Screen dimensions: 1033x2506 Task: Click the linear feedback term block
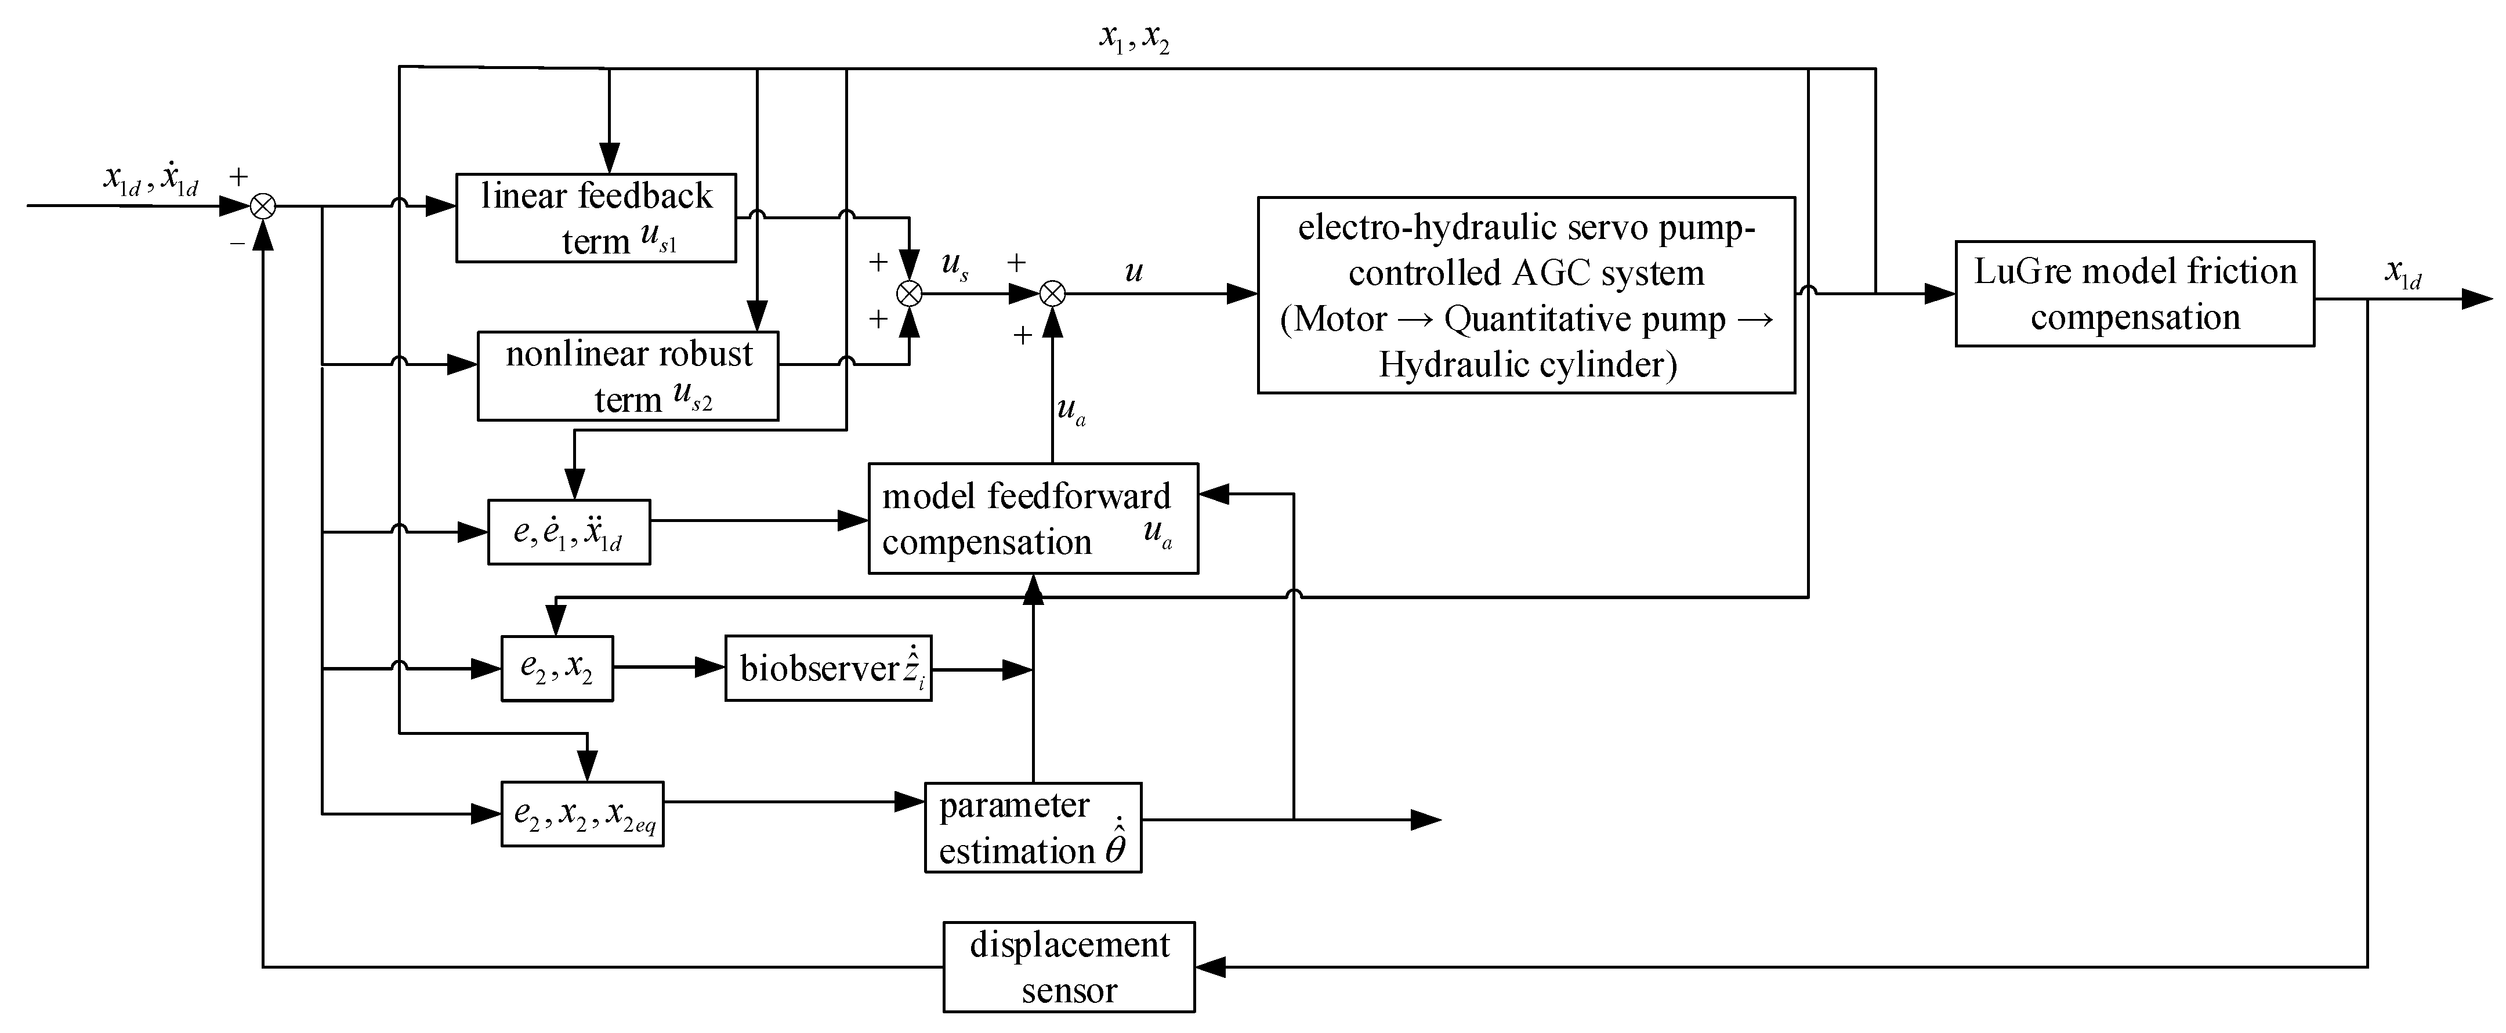[x=595, y=218]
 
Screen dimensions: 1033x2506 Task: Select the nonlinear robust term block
[x=628, y=376]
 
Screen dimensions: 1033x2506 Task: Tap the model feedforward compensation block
[x=1032, y=519]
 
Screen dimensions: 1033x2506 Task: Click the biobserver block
[x=828, y=668]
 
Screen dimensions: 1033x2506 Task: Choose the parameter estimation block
[x=1032, y=827]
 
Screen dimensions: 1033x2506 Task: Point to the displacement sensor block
[x=1068, y=967]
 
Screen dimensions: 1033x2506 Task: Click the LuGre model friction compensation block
[x=2134, y=293]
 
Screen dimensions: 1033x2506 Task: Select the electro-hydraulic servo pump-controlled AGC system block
[x=1526, y=296]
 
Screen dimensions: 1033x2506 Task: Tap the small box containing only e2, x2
[x=556, y=668]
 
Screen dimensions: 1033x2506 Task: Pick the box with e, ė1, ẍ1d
[x=568, y=532]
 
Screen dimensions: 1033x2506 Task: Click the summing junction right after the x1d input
[x=263, y=206]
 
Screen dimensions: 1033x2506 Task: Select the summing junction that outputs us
[x=908, y=293]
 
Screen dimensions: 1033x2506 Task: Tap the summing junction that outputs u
[x=1053, y=293]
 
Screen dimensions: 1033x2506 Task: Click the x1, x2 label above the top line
[x=1134, y=39]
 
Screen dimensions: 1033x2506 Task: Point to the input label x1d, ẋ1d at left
[x=151, y=181]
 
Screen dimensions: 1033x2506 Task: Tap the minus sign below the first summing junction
[x=237, y=243]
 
